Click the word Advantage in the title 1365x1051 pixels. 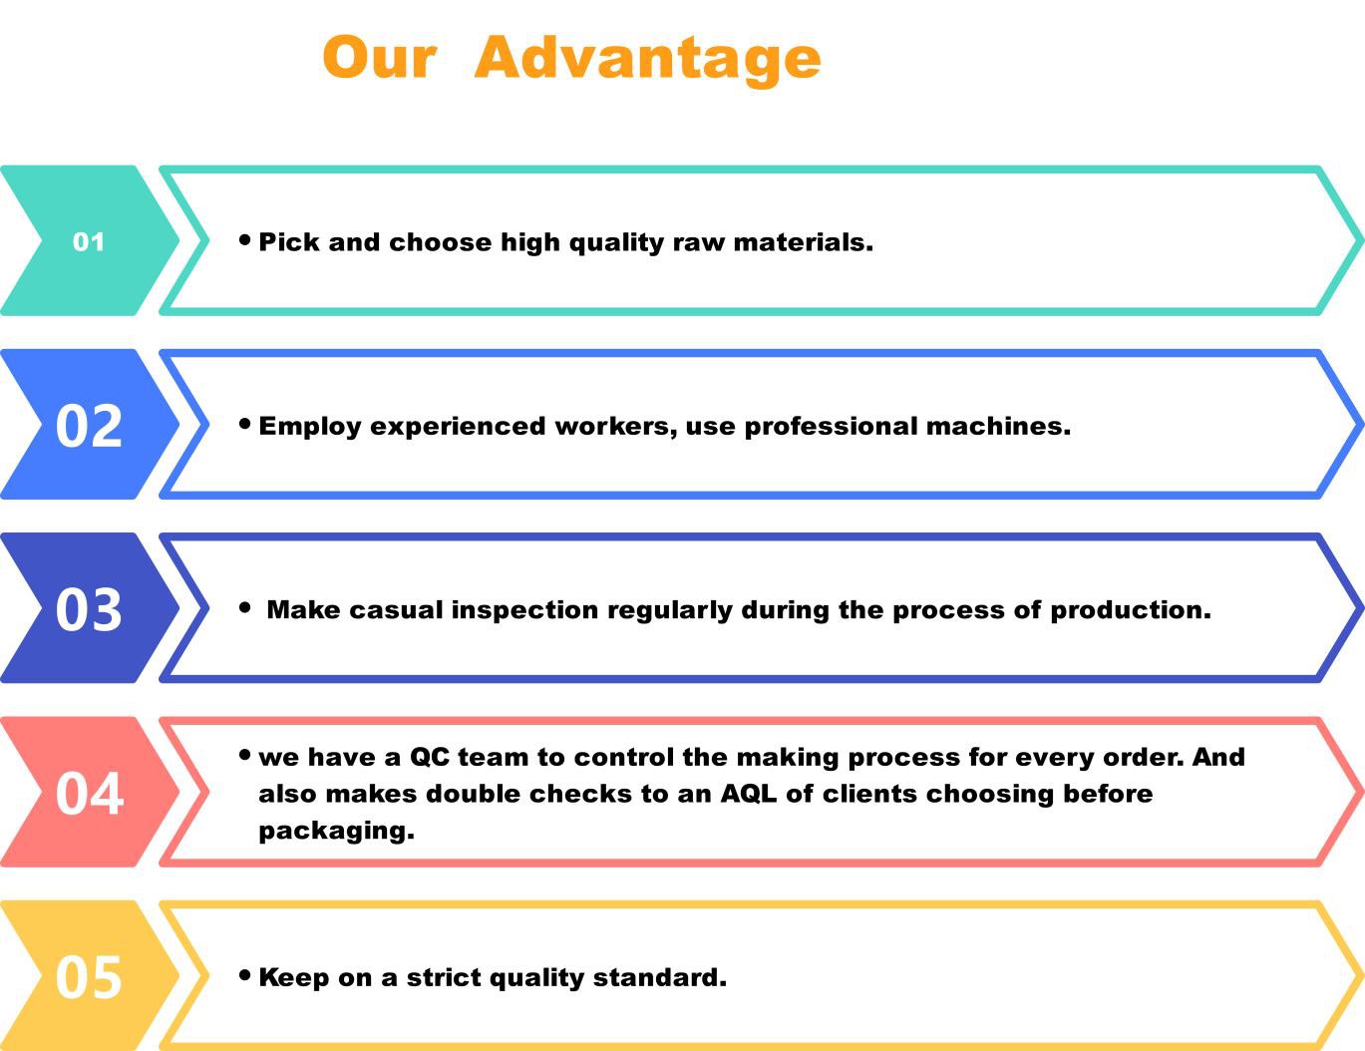point(648,59)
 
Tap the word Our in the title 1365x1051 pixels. point(380,57)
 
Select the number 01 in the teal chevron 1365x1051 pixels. point(89,242)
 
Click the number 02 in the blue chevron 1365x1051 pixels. point(89,427)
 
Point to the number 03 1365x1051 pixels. point(89,609)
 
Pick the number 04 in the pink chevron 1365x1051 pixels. point(89,794)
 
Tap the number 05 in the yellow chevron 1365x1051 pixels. point(89,977)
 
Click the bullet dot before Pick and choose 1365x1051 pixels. point(245,240)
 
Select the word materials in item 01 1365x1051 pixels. point(804,242)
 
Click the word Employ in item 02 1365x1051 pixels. point(310,427)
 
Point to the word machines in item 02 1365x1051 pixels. point(999,427)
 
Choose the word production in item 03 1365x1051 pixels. point(1131,610)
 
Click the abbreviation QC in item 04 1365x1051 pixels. point(430,758)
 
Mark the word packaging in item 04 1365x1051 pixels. point(337,832)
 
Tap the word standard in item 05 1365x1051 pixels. point(660,978)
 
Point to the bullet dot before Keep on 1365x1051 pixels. point(245,975)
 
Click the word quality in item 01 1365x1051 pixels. point(616,243)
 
